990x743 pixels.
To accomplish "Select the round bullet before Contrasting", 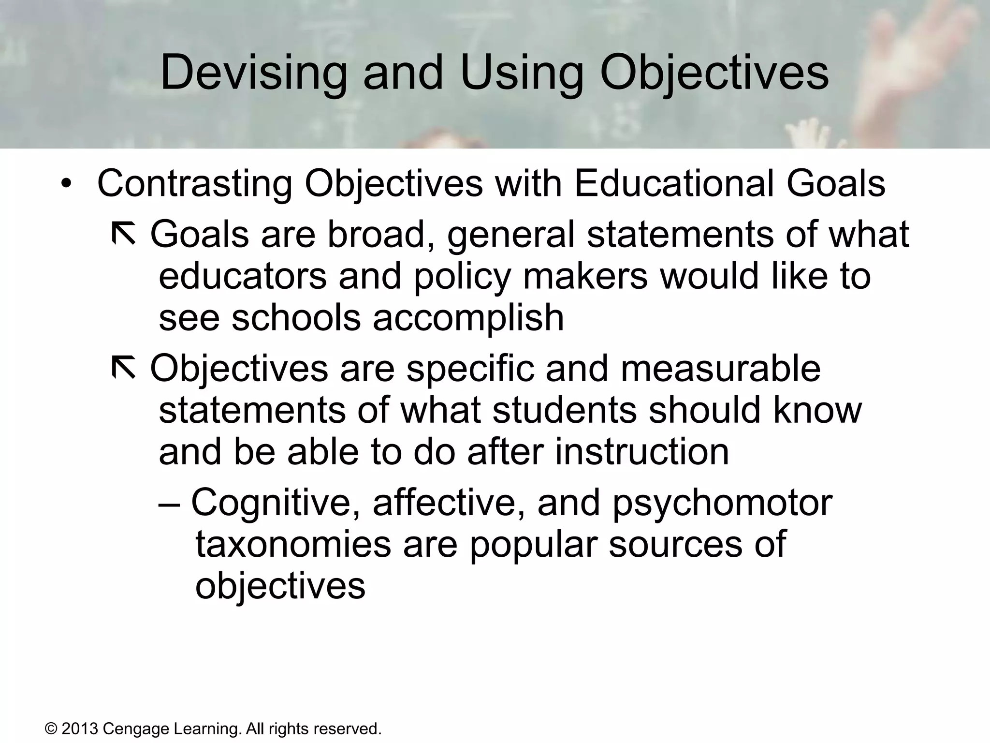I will click(66, 185).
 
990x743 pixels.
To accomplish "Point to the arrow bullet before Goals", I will click(124, 234).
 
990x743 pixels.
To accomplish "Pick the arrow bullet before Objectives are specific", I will click(124, 368).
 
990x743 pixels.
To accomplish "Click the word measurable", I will click(721, 369).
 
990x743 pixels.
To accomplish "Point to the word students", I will click(564, 411).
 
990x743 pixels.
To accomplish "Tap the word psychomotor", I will click(723, 503).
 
